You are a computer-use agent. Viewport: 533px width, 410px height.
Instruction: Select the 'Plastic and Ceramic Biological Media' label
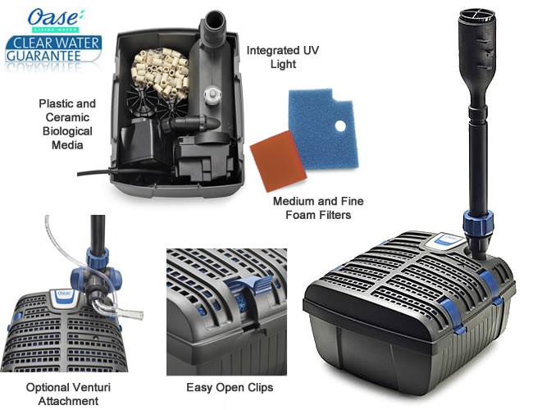click(68, 124)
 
